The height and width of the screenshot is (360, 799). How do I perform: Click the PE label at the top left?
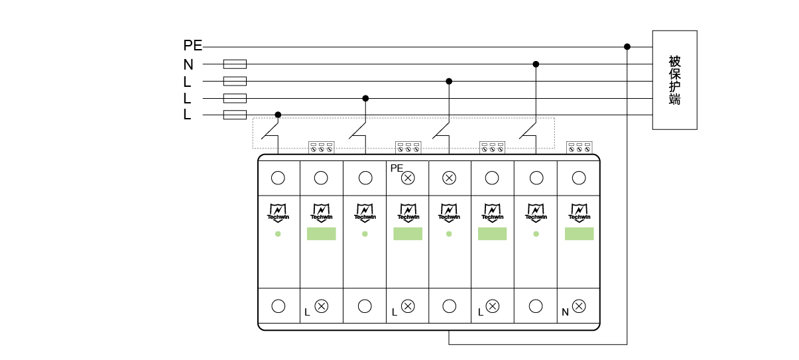point(192,46)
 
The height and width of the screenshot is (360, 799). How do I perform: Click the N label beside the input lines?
point(188,65)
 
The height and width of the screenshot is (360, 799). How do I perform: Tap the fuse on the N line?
point(235,64)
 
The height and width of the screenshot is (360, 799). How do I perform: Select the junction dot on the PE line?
point(627,46)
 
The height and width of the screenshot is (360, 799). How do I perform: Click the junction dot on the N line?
point(536,64)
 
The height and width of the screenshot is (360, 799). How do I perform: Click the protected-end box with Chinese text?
point(674,80)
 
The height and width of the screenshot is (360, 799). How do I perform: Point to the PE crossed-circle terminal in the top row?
point(408,178)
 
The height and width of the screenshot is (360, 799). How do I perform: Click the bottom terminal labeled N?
point(579,306)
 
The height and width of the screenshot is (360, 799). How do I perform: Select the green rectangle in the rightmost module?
point(579,233)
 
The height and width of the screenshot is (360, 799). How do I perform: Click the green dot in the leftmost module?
point(278,234)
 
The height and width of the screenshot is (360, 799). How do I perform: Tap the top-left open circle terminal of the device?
point(278,178)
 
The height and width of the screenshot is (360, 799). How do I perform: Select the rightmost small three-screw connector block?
point(579,147)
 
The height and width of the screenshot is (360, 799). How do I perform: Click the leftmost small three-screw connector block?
point(321,147)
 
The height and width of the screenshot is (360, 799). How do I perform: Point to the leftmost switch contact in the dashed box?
point(270,131)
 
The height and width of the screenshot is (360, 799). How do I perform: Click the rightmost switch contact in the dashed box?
point(528,131)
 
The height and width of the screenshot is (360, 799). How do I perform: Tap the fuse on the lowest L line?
point(235,115)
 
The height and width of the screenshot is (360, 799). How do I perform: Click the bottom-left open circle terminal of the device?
point(278,306)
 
